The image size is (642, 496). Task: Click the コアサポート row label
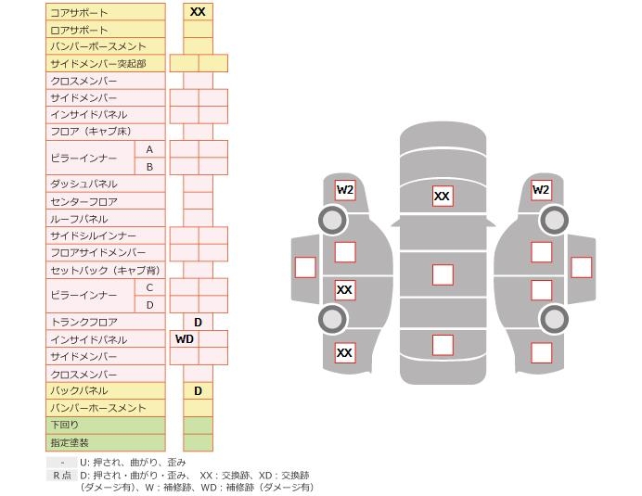(x=79, y=13)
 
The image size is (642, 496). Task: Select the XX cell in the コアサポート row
(x=198, y=12)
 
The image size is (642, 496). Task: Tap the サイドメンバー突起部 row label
(x=96, y=64)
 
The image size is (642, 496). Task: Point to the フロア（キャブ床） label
(x=90, y=133)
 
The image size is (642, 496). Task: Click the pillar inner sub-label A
(x=149, y=149)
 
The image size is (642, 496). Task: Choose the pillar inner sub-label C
(x=149, y=287)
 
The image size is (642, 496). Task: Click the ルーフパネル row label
(x=79, y=220)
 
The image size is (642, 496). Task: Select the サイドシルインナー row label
(x=93, y=236)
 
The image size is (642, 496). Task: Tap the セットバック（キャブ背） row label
(x=104, y=271)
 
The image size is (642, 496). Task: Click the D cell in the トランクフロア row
(x=198, y=323)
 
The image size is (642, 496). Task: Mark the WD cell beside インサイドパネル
(x=184, y=339)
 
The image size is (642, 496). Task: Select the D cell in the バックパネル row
(x=198, y=391)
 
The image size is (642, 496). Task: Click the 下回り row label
(x=65, y=426)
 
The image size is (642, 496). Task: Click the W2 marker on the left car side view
(x=345, y=190)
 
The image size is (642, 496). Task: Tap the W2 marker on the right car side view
(x=541, y=190)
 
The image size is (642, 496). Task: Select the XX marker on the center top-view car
(x=443, y=197)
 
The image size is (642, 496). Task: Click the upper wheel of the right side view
(x=554, y=221)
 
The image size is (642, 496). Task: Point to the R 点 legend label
(x=61, y=476)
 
